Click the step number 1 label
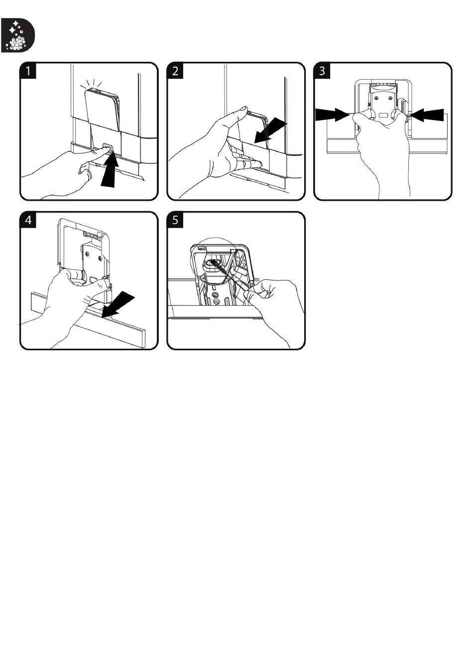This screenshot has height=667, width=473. (x=28, y=71)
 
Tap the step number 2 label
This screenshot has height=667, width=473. (x=175, y=71)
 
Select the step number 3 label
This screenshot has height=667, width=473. (x=322, y=71)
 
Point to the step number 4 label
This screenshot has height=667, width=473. (x=28, y=220)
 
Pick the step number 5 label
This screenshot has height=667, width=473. (x=175, y=220)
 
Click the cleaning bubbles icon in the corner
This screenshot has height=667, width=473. (x=17, y=35)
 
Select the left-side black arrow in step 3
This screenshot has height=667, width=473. (x=333, y=115)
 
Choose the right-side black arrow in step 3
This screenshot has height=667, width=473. (x=427, y=115)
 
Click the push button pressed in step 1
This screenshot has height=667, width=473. (x=108, y=146)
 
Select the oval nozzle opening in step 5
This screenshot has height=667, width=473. (x=213, y=263)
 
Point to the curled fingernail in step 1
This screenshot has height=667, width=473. (x=81, y=172)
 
